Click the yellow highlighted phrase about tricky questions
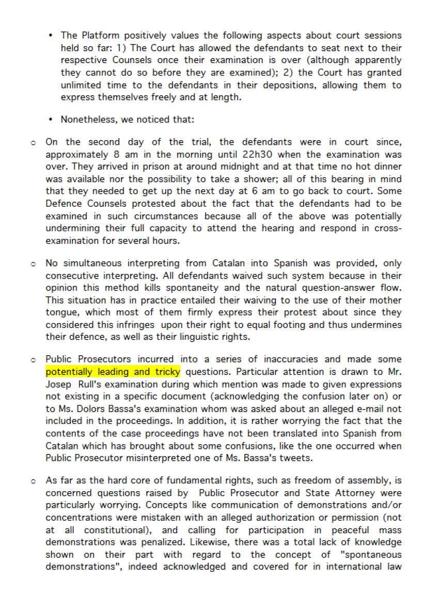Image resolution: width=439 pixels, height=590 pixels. click(x=113, y=372)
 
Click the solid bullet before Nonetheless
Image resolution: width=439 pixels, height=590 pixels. click(x=50, y=119)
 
